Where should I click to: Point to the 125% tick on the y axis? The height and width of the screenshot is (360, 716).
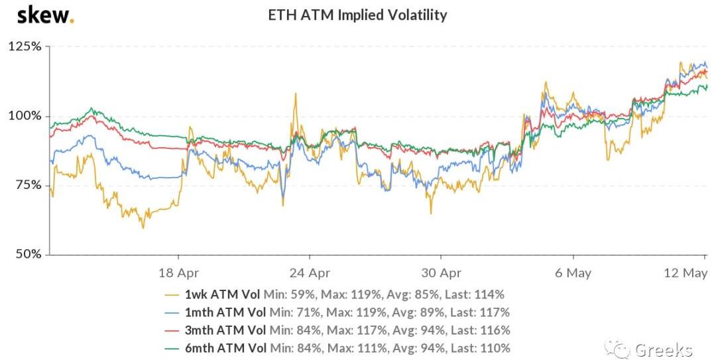25,47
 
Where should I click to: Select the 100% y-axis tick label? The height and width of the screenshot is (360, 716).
25,116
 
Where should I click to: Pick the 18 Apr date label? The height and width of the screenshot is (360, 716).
178,272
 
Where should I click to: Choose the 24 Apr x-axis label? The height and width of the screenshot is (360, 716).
310,272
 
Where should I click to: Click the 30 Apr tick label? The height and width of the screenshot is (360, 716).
441,272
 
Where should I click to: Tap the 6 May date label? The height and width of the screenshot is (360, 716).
573,272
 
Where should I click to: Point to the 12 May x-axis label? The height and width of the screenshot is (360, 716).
684,272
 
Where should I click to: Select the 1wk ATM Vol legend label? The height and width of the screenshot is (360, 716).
223,294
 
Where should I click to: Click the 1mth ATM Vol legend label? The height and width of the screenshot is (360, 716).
225,312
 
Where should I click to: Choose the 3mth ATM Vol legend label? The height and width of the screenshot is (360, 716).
225,330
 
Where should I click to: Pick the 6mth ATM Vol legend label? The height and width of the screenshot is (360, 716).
225,348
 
